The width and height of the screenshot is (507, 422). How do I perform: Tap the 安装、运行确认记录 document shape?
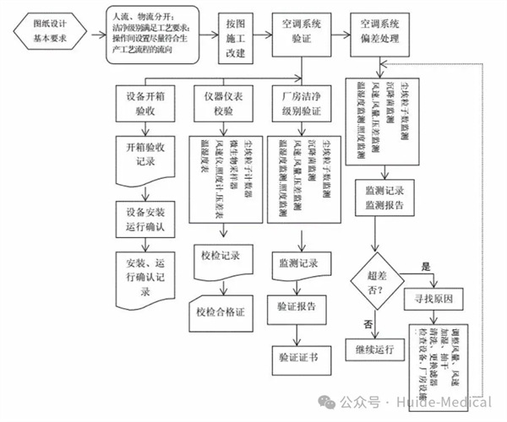pos(150,274)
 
